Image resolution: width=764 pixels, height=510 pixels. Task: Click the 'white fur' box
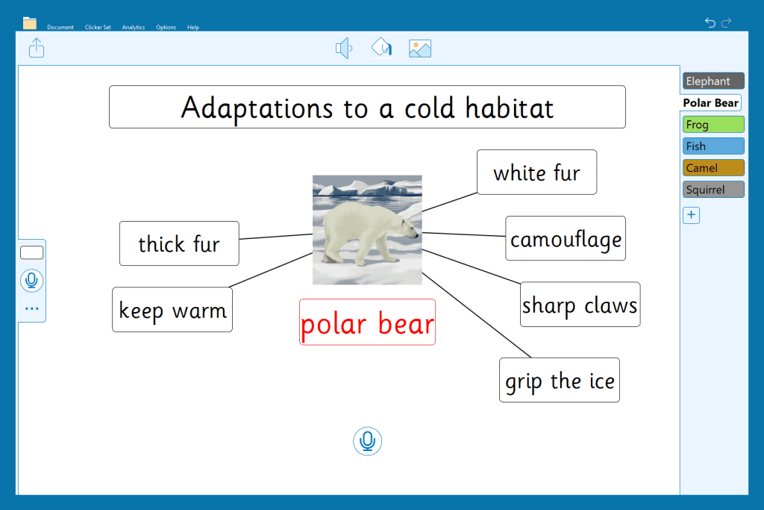tap(536, 172)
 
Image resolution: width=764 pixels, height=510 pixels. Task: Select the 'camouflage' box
tap(566, 238)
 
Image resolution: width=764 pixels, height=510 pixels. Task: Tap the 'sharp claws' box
tap(580, 304)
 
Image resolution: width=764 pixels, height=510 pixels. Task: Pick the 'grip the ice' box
tap(560, 380)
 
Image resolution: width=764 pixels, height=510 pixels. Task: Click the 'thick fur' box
tap(179, 243)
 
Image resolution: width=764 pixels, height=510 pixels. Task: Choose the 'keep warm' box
tap(172, 310)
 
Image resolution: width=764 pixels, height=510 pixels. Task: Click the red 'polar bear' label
tap(367, 323)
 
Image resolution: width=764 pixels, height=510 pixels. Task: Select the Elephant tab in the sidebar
tap(713, 81)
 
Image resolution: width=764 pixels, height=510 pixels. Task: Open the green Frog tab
tap(713, 125)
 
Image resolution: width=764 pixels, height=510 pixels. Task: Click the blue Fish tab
tap(713, 146)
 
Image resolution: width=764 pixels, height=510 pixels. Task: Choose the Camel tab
tap(713, 168)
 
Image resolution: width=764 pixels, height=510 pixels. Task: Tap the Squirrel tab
tap(713, 189)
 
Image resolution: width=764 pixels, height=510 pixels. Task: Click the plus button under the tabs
tap(692, 215)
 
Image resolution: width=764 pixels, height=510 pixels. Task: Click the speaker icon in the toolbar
tap(344, 49)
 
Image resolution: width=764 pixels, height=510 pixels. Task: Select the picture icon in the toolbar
tap(420, 49)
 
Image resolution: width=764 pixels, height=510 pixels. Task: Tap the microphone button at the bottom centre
tap(367, 441)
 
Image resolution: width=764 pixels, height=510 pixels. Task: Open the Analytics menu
tap(134, 28)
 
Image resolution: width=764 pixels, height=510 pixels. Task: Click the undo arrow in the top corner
tap(710, 22)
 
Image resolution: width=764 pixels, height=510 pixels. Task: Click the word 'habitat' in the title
tap(509, 108)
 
